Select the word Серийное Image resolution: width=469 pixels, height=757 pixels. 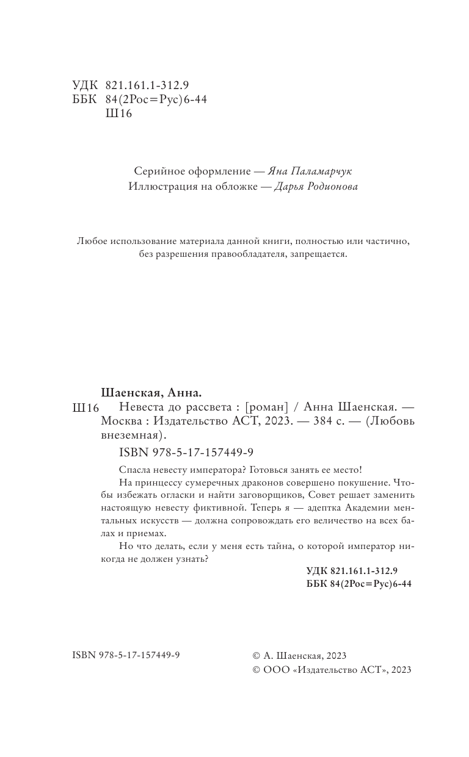pos(156,171)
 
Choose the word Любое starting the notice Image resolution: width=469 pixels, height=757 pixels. pos(91,241)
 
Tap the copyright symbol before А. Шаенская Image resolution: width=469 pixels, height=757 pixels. pos(256,656)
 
